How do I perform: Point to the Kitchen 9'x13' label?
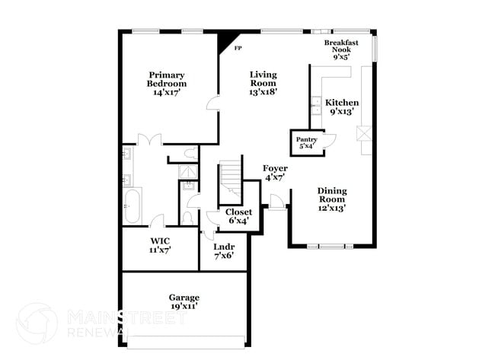342,107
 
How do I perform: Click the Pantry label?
306,143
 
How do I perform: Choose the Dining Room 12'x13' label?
332,199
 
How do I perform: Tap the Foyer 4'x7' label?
275,172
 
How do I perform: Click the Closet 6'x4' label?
238,216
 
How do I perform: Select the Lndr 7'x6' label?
224,251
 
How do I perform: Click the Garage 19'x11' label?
184,301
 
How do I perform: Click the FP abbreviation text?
238,49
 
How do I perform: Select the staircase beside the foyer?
230,181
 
